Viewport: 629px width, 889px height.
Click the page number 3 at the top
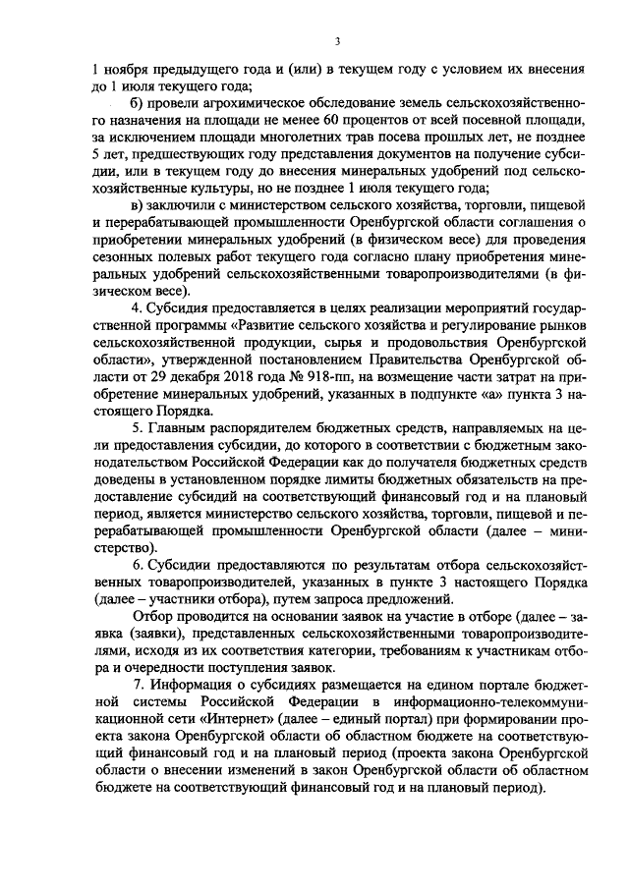tap(336, 41)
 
